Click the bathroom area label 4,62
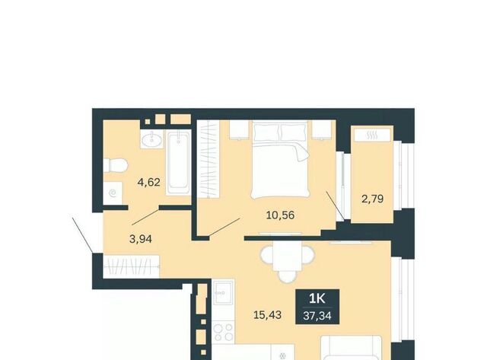(x=149, y=182)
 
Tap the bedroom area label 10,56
(x=280, y=215)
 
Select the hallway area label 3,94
(x=140, y=239)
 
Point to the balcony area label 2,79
(x=372, y=199)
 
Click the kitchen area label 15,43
(x=267, y=315)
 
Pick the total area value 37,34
(x=317, y=316)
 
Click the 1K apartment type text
(x=317, y=299)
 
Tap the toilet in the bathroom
(x=115, y=165)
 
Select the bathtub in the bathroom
(x=178, y=163)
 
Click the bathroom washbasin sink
(x=152, y=139)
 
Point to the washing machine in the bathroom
(x=113, y=193)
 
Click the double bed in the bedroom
(x=281, y=160)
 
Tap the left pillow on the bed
(x=266, y=132)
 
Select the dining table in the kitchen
(x=288, y=257)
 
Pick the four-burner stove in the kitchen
(x=224, y=333)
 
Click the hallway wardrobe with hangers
(x=132, y=266)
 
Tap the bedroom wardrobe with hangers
(x=208, y=159)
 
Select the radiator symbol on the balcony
(x=372, y=135)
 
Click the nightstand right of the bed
(x=322, y=129)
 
